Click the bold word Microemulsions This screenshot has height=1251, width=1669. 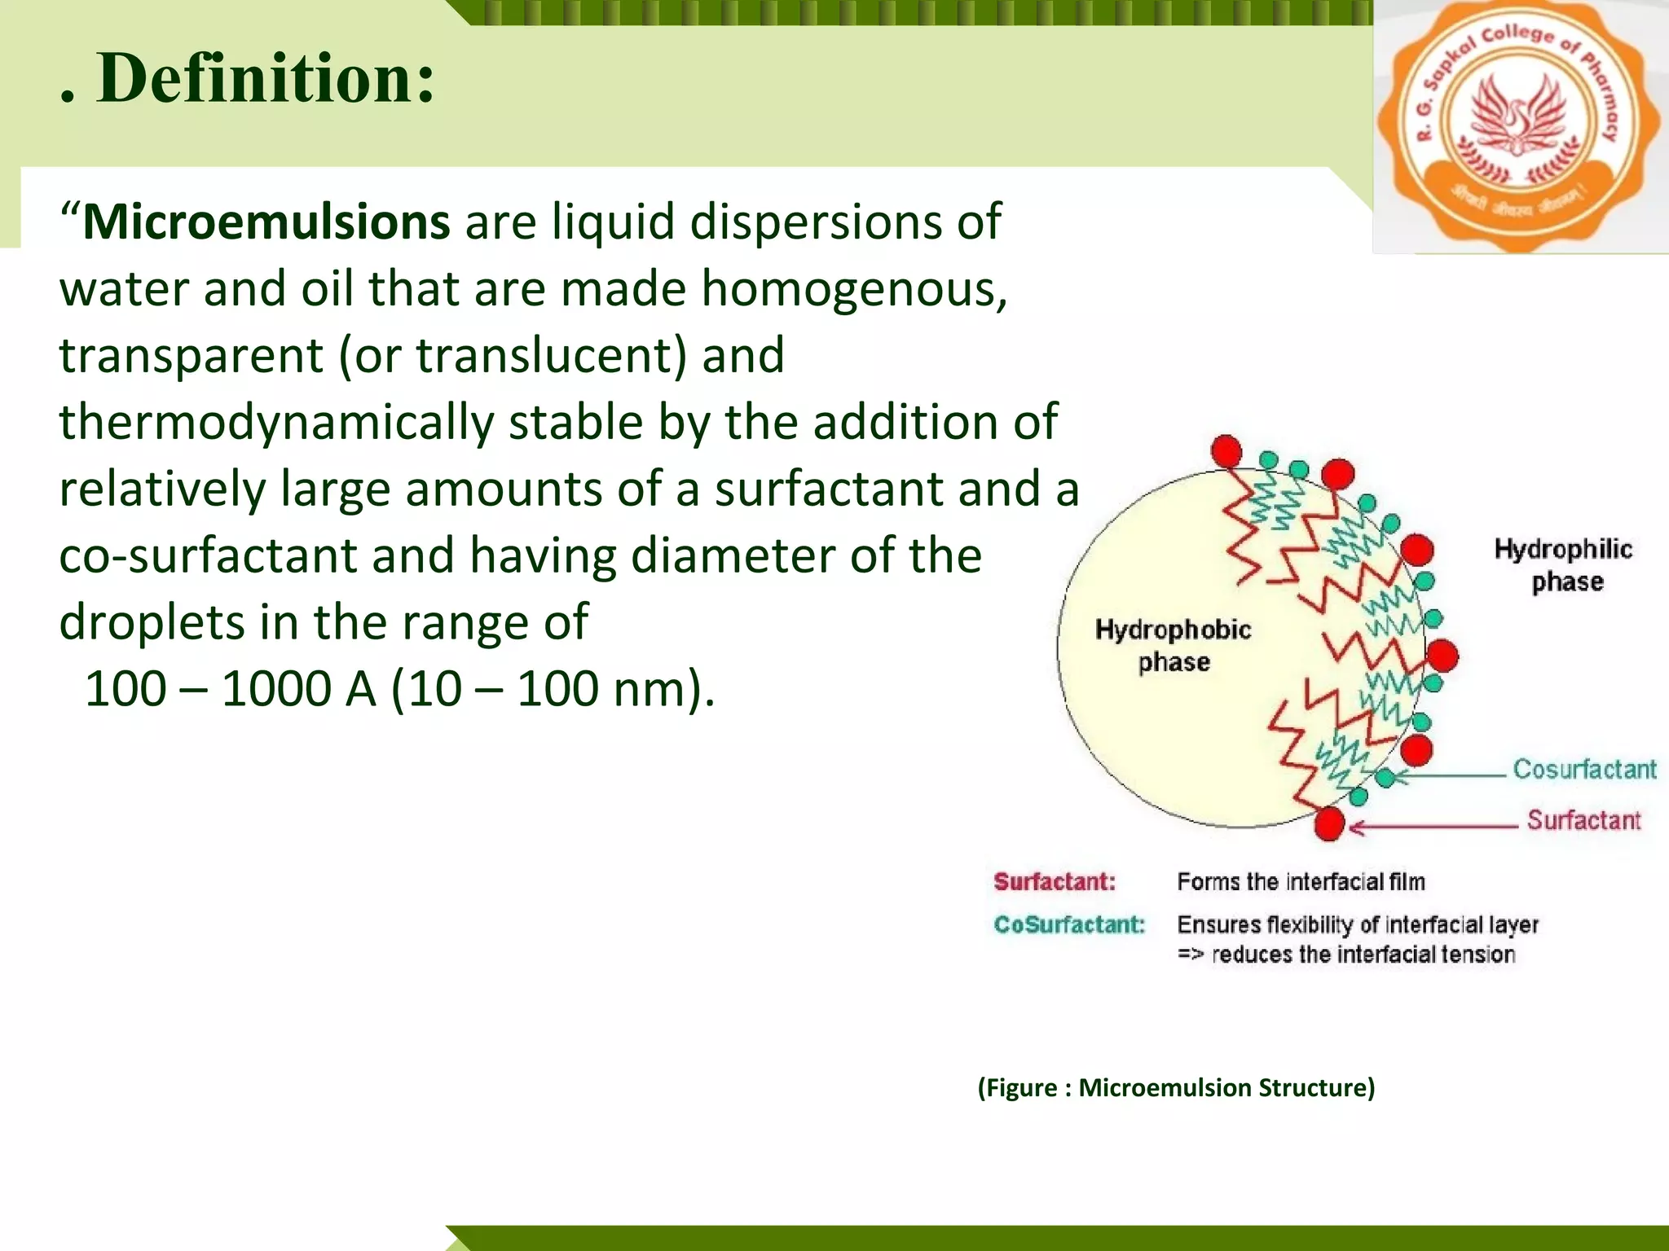pyautogui.click(x=266, y=222)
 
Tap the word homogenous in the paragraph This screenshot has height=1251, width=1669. pyautogui.click(x=853, y=289)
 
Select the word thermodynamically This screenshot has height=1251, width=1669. pyautogui.click(x=276, y=423)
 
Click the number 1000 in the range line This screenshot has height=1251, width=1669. pyautogui.click(x=275, y=689)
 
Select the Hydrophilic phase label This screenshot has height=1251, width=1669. pyautogui.click(x=1563, y=564)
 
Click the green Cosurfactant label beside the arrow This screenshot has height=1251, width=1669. pyautogui.click(x=1584, y=769)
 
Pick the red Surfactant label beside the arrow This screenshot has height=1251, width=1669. pyautogui.click(x=1583, y=820)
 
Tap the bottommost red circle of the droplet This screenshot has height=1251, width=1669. pyautogui.click(x=1329, y=823)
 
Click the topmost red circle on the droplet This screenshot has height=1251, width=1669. pyautogui.click(x=1226, y=451)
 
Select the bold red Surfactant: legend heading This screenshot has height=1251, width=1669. pyautogui.click(x=1055, y=881)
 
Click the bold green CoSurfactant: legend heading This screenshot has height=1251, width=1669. pyautogui.click(x=1069, y=924)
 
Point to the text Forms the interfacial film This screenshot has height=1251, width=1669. pyautogui.click(x=1301, y=881)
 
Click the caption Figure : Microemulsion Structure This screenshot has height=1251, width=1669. pyautogui.click(x=1176, y=1087)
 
